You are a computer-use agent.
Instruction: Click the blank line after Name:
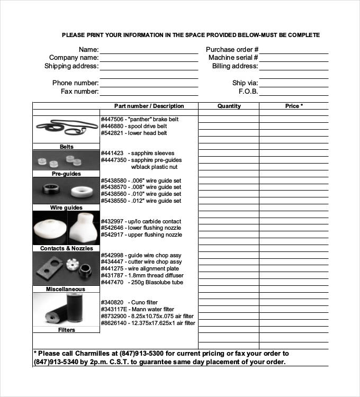[149, 51]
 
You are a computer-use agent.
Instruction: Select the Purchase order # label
[232, 49]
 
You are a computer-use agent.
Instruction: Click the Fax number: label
[79, 92]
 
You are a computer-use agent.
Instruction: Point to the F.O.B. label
[248, 92]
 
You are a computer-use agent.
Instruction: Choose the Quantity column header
[229, 106]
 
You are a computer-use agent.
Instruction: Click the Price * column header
[294, 106]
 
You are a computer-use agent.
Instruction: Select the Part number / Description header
[149, 106]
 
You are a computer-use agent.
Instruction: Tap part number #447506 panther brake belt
[140, 120]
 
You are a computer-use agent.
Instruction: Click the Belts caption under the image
[66, 147]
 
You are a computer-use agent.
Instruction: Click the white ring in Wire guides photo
[82, 190]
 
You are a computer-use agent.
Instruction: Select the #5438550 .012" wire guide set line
[141, 201]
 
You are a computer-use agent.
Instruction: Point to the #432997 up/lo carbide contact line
[141, 222]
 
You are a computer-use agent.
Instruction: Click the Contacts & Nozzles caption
[66, 248]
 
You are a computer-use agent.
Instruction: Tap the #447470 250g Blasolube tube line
[142, 283]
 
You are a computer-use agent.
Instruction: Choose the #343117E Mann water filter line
[137, 310]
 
